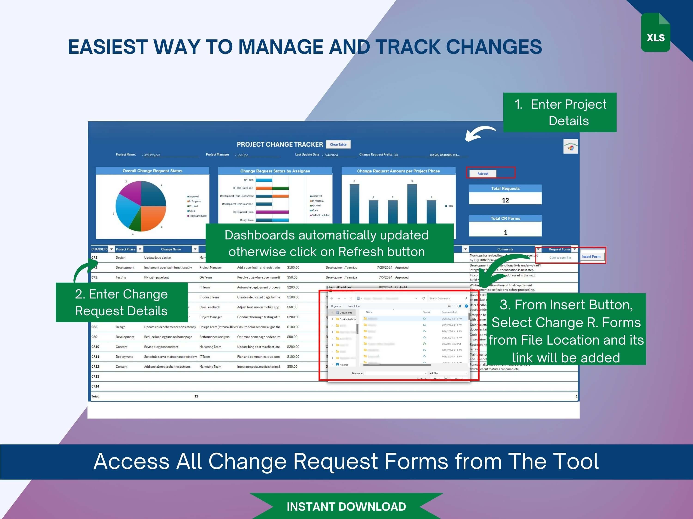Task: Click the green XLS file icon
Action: [655, 33]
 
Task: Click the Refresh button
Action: [483, 174]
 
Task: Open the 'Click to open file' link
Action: [560, 258]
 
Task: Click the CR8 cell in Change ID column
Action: [95, 327]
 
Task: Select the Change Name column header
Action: [171, 249]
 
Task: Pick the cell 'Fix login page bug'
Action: [156, 277]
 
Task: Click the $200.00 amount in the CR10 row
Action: [293, 347]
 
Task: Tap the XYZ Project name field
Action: [152, 155]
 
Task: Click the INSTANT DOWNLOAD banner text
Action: [346, 507]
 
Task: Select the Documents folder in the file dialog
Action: [346, 313]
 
